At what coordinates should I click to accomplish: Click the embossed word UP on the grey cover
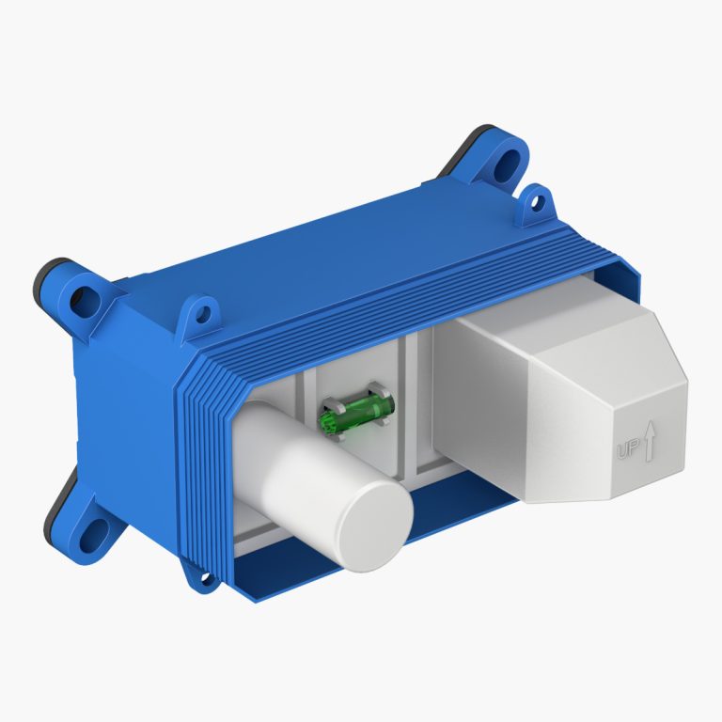click(x=628, y=448)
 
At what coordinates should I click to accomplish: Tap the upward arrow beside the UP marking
click(x=650, y=442)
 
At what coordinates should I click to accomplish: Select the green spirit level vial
click(x=357, y=412)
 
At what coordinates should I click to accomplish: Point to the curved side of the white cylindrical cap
click(x=294, y=470)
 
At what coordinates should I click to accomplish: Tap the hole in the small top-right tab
click(x=536, y=202)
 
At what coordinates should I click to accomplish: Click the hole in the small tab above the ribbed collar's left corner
click(x=202, y=314)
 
